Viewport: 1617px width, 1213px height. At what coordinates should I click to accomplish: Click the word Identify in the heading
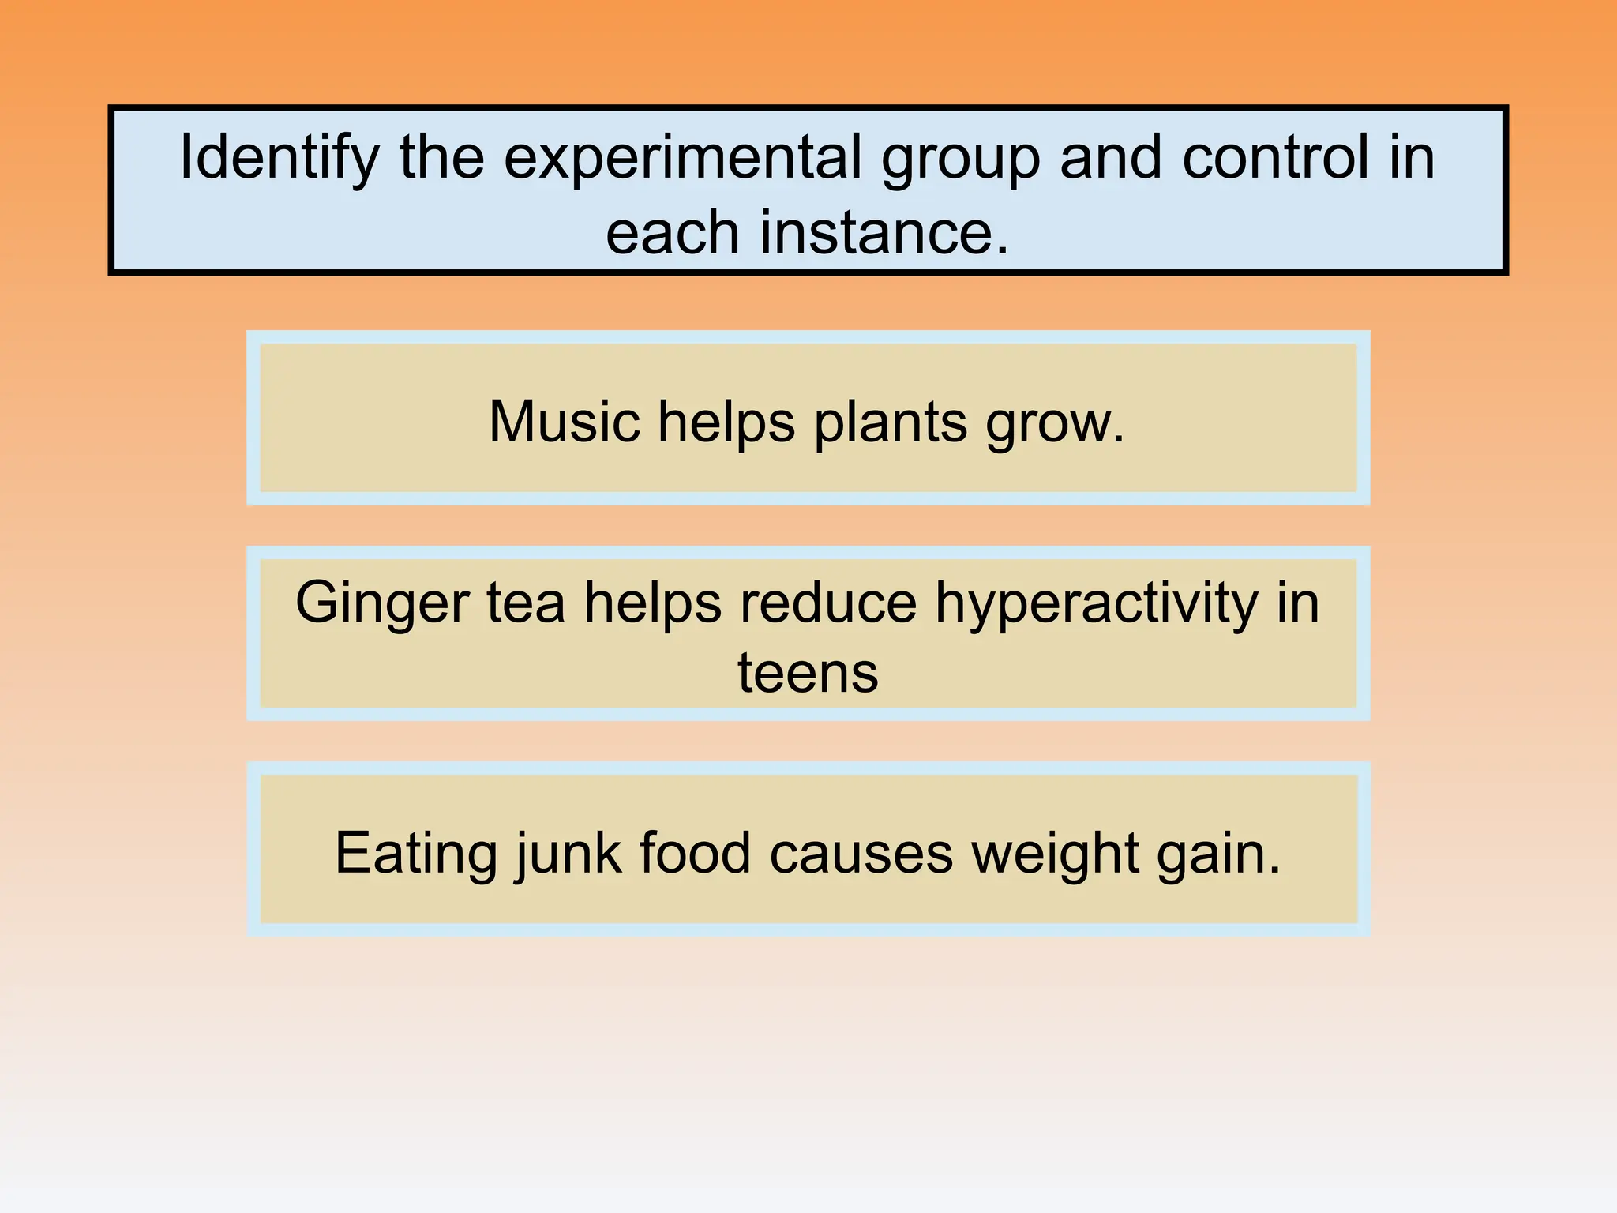[280, 159]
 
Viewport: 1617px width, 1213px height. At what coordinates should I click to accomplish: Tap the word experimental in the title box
[682, 159]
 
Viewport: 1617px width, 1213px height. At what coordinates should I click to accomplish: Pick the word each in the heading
[672, 233]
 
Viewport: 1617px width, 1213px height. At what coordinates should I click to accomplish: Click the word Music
[564, 422]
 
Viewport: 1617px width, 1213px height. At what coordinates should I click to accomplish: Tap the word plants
[890, 423]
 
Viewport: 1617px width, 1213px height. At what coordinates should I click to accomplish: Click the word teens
[808, 673]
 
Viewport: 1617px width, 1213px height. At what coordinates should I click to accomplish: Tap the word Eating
[416, 854]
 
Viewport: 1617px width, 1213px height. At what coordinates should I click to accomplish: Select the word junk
[568, 854]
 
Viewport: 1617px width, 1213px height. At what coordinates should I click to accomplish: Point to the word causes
[861, 854]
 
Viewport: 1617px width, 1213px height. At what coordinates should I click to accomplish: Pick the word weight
[1054, 854]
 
